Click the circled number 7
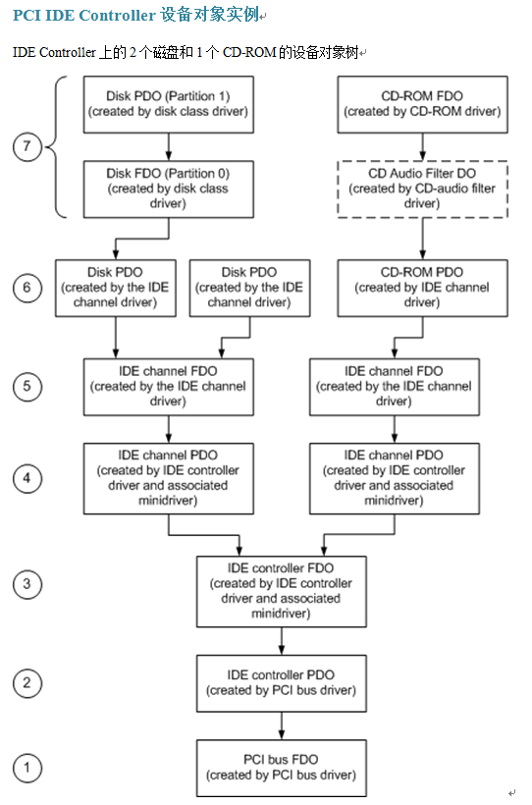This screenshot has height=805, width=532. tap(27, 146)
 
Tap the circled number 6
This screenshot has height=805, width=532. tap(27, 288)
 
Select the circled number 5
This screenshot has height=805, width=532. tap(27, 386)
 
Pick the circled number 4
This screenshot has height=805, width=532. tap(27, 478)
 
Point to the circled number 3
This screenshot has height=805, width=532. tap(27, 584)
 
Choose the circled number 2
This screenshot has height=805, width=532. tap(27, 683)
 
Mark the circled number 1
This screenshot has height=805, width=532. tap(27, 768)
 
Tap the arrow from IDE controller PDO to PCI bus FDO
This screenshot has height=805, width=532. tap(282, 725)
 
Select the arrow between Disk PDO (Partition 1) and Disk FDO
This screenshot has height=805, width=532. tap(169, 147)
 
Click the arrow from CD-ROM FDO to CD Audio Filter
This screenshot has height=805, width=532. tap(423, 147)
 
